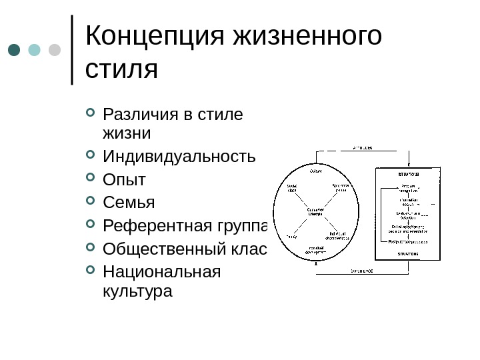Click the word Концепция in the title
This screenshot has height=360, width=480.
coord(155,37)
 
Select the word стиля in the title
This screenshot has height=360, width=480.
coord(122,69)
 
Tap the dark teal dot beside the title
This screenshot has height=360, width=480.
coord(15,50)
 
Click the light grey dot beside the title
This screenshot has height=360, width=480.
coord(55,50)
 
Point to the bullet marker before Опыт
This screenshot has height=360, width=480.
coord(91,179)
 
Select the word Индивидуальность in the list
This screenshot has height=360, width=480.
coord(179,157)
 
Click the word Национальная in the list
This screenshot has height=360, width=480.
coord(161,272)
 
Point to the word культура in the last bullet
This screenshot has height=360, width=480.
coord(137,291)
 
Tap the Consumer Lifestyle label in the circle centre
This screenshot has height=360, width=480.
coord(315,211)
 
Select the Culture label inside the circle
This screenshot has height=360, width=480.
coord(315,171)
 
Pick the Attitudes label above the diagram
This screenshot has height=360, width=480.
coord(362,147)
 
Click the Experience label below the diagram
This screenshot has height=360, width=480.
coord(362,271)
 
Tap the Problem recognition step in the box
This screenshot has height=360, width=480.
coord(409,188)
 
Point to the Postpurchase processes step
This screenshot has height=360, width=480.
coord(409,241)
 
